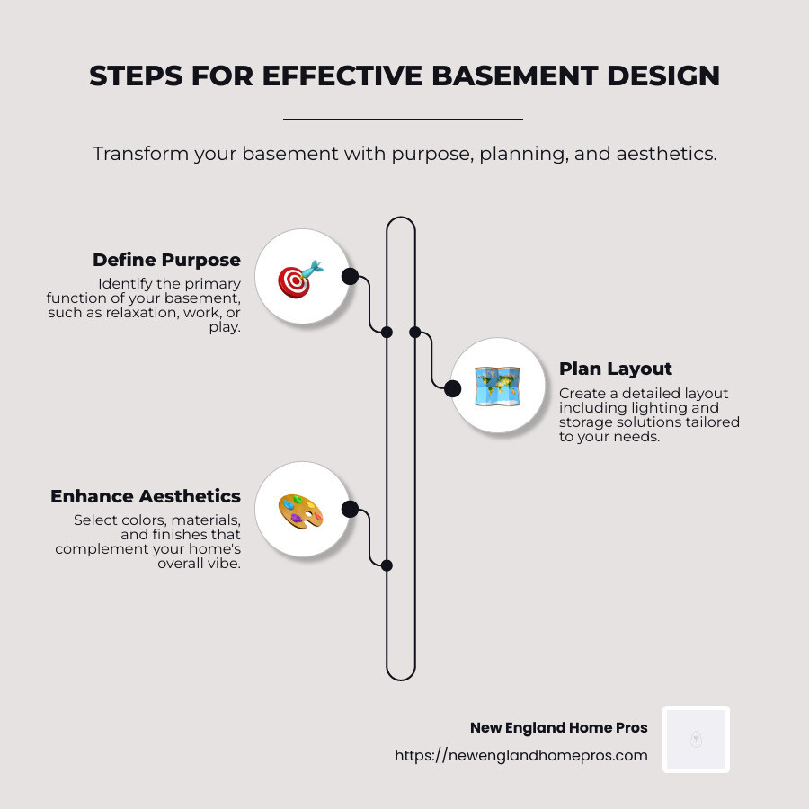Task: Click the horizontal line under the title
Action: (x=403, y=119)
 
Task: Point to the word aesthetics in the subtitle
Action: (x=664, y=154)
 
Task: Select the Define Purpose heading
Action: (x=166, y=260)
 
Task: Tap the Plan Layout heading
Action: (x=616, y=369)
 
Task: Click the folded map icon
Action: (x=497, y=387)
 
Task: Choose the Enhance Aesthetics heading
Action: (x=146, y=496)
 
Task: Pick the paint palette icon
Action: (x=300, y=511)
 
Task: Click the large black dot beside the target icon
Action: (x=350, y=276)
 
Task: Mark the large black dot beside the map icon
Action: (x=453, y=388)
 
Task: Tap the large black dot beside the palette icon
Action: (x=350, y=510)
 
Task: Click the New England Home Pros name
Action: (x=558, y=728)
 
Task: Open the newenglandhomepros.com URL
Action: (x=521, y=756)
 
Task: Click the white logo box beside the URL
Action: (x=696, y=739)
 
